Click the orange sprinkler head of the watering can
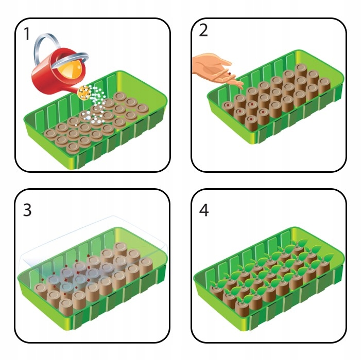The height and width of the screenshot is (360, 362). click(x=84, y=93)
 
